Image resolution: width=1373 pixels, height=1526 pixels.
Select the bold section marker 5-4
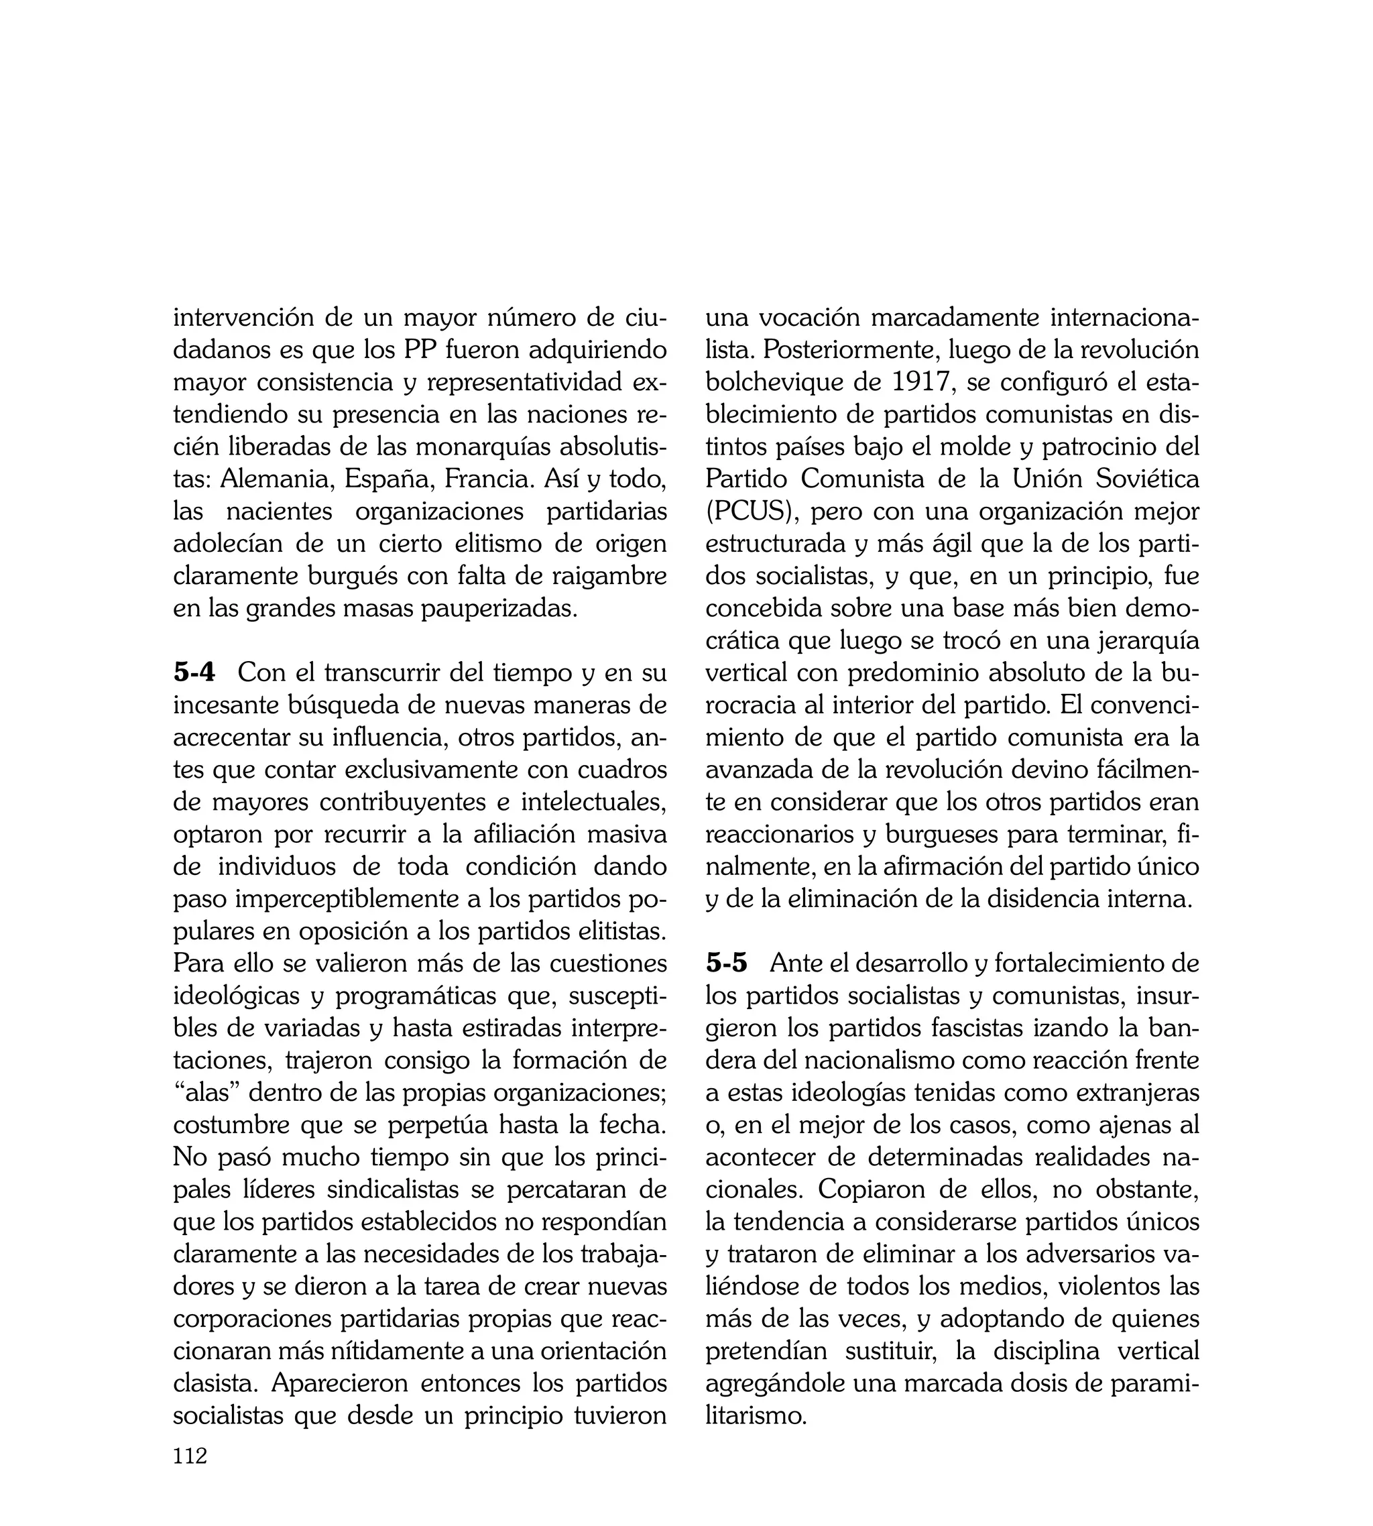194,672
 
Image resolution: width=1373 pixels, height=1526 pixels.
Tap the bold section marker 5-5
727,963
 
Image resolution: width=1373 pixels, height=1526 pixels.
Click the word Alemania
277,479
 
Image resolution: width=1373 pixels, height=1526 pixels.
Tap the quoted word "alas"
206,1092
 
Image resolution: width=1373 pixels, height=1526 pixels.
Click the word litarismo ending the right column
756,1416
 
